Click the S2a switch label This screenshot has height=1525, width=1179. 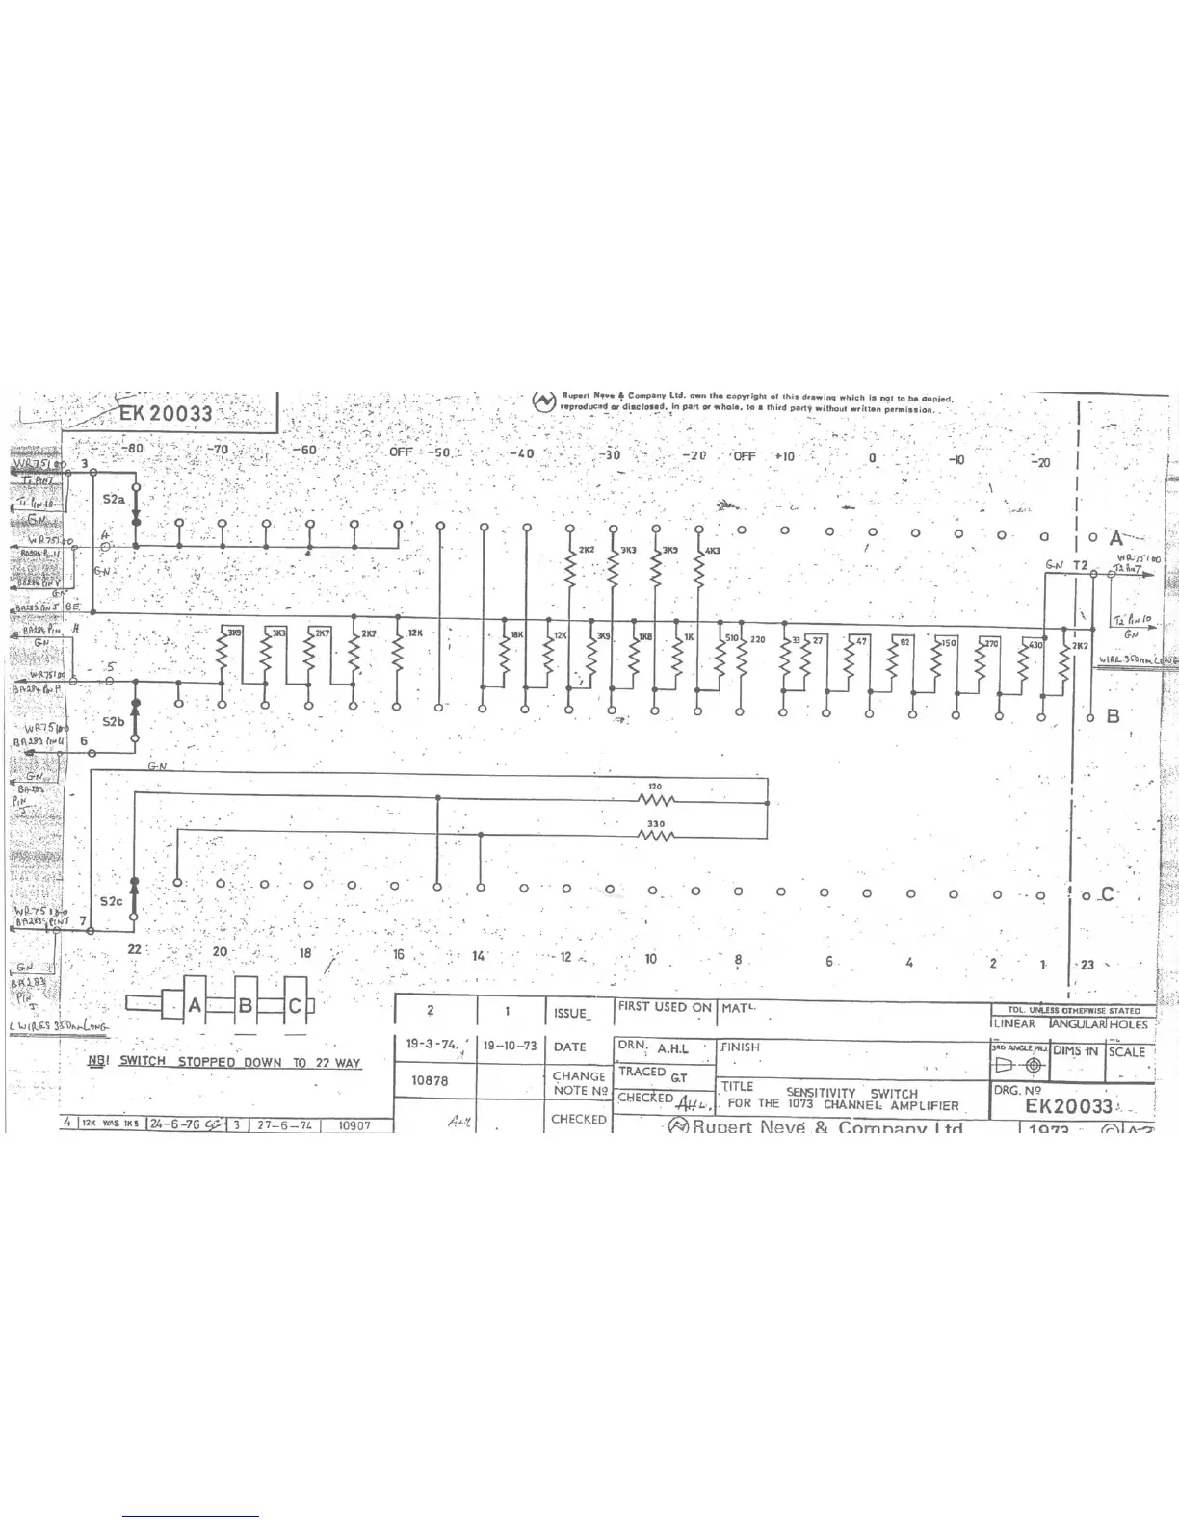pyautogui.click(x=114, y=500)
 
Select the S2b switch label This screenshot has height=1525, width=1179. pyautogui.click(x=114, y=721)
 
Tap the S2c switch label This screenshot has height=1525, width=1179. pyautogui.click(x=112, y=902)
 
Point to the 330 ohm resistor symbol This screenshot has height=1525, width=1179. pyautogui.click(x=655, y=835)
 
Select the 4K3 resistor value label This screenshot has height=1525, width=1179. pyautogui.click(x=713, y=551)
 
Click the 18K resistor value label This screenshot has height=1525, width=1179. pyautogui.click(x=516, y=635)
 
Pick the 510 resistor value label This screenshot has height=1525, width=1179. pyautogui.click(x=731, y=638)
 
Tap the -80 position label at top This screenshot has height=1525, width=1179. pyautogui.click(x=132, y=449)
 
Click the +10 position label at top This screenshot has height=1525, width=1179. pyautogui.click(x=784, y=456)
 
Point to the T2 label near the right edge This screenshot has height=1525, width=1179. pyautogui.click(x=1080, y=565)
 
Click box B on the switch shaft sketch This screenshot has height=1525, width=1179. pyautogui.click(x=245, y=1005)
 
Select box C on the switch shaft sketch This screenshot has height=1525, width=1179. pyautogui.click(x=296, y=1005)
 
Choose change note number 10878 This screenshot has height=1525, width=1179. pyautogui.click(x=431, y=1080)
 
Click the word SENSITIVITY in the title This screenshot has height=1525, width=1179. pyautogui.click(x=821, y=1093)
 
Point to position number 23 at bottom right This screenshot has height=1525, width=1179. pyautogui.click(x=1087, y=964)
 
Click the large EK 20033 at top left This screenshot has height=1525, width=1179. pyautogui.click(x=165, y=415)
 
